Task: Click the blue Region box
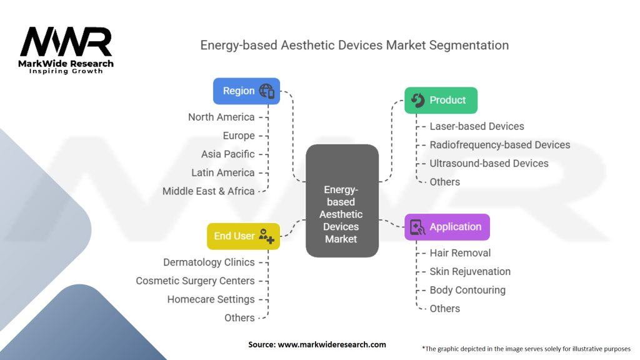(x=246, y=91)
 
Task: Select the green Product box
(x=441, y=100)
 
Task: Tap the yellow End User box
(x=243, y=236)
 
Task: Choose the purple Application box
(x=447, y=227)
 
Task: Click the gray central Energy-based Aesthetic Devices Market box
(x=342, y=201)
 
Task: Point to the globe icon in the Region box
(x=267, y=91)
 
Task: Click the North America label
(x=221, y=117)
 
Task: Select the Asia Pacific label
(x=227, y=154)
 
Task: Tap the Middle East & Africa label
(x=209, y=191)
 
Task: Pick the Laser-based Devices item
(x=477, y=126)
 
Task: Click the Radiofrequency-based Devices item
(x=500, y=145)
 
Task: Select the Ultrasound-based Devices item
(x=489, y=163)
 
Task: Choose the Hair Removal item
(x=460, y=253)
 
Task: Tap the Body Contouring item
(x=467, y=290)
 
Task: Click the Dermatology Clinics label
(x=209, y=262)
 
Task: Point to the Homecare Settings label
(x=211, y=299)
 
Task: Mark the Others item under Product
(x=445, y=182)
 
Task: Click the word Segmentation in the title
(x=469, y=45)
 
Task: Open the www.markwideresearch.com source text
(x=332, y=344)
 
